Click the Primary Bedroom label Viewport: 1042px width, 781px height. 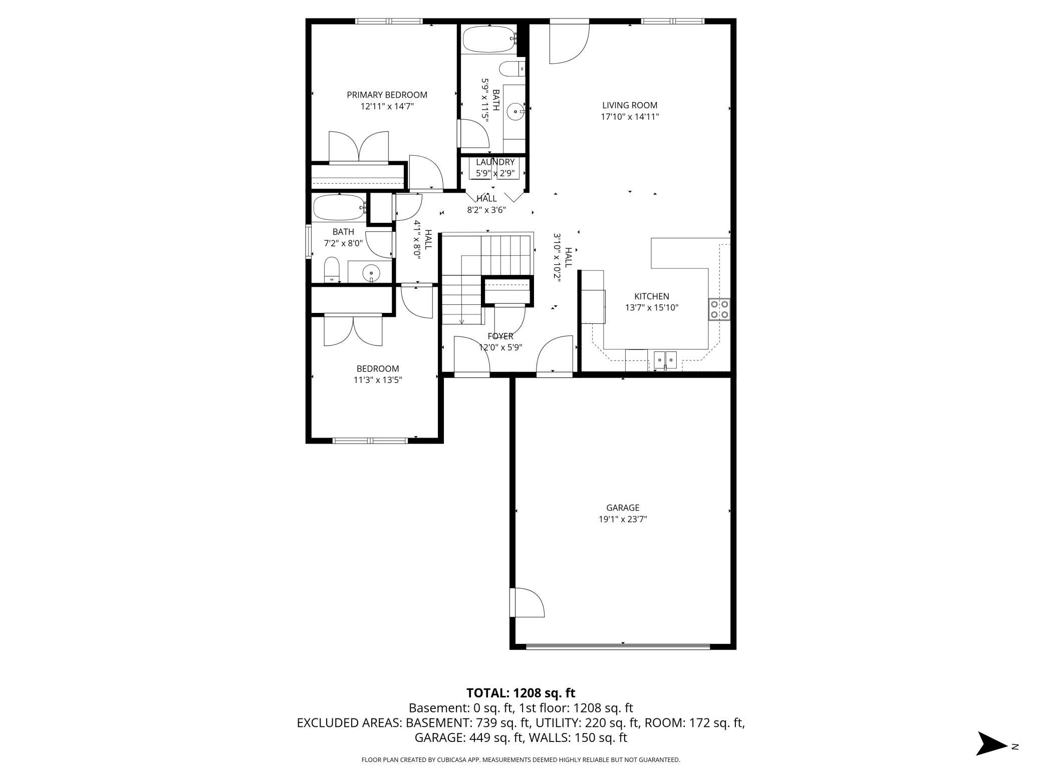tap(387, 95)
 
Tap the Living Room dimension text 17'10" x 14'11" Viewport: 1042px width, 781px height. tap(629, 117)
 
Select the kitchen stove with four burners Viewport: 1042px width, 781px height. tap(719, 309)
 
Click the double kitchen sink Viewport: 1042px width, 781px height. tap(665, 359)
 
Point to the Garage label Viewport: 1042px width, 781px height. tap(622, 508)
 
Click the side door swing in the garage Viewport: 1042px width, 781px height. tap(529, 602)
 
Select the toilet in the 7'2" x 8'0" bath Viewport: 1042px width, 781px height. tap(332, 270)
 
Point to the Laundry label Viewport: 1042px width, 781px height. tap(495, 162)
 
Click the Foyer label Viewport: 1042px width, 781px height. tap(500, 336)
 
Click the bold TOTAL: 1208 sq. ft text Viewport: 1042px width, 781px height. tap(520, 693)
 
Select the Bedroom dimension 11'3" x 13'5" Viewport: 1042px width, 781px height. tap(378, 380)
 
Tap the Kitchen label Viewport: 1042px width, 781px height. tap(651, 296)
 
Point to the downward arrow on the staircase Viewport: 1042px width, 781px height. tap(462, 321)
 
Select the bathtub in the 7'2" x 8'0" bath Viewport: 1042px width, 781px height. tap(339, 207)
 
